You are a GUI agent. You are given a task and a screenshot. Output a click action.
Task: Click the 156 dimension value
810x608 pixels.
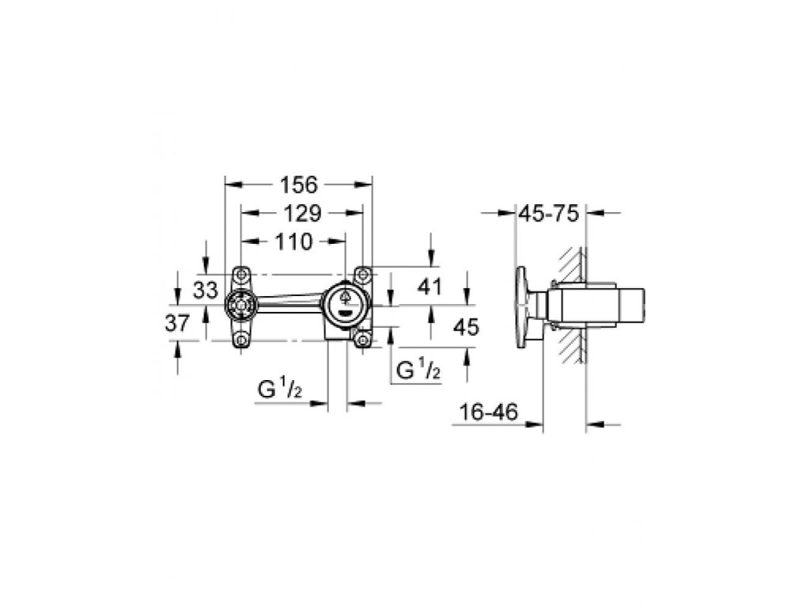298,184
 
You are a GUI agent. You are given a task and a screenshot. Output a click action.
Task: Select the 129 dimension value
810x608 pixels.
303,213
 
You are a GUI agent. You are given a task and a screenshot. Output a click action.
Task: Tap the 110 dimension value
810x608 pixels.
293,241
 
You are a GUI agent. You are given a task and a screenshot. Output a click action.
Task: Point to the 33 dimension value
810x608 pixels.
206,290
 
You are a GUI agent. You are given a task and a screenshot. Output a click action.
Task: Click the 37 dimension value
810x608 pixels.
177,324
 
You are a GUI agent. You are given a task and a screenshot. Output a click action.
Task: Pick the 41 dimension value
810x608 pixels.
430,287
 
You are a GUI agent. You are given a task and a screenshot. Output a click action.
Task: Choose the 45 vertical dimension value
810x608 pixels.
466,327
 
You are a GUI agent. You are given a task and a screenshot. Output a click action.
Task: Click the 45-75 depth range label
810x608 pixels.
549,213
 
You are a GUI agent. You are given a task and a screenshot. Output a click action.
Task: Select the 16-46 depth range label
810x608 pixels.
488,412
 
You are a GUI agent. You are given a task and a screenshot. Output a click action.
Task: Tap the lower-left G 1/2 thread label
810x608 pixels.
280,389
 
